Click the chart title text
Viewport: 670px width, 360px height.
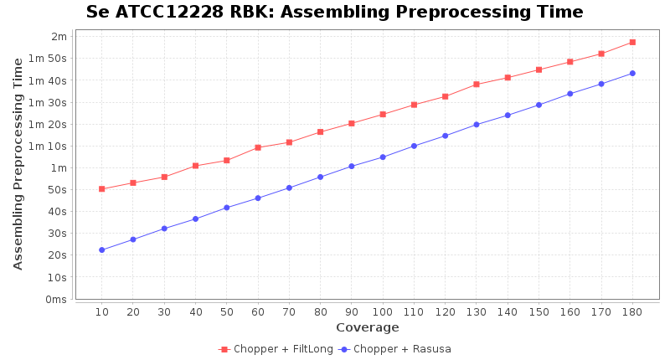point(334,13)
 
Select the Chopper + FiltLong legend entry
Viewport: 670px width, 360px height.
point(274,349)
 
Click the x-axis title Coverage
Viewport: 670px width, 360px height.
point(367,327)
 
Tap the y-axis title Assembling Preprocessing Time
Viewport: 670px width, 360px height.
point(18,163)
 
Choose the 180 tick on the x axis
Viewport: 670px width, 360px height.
point(632,311)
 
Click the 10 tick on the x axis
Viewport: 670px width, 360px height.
point(101,311)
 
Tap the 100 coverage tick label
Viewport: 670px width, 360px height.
point(383,311)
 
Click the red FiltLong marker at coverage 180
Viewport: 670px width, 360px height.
point(632,42)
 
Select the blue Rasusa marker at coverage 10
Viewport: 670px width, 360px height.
point(101,249)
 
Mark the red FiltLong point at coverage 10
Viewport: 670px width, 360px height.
point(101,189)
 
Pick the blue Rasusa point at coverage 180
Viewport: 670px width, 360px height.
point(632,73)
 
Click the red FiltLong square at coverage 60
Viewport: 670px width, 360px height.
point(258,147)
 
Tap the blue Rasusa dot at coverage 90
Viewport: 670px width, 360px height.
point(352,166)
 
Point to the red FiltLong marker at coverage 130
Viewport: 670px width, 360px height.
point(476,85)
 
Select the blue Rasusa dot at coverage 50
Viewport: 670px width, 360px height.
point(226,208)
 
